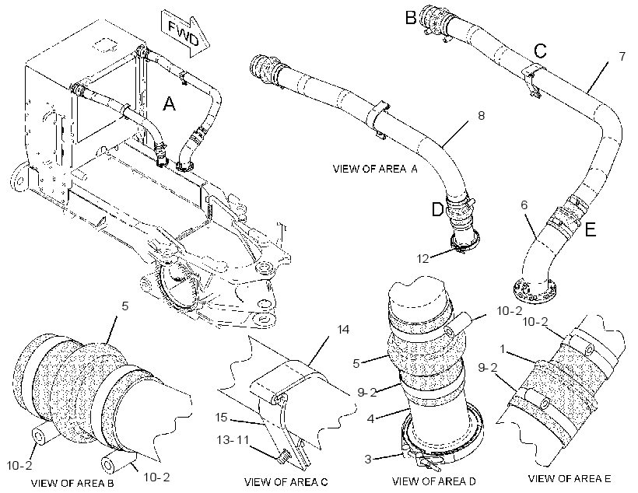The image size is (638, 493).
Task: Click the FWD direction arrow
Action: (186, 33)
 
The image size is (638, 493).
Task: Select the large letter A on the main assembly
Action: (169, 103)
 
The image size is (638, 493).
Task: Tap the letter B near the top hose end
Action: (411, 17)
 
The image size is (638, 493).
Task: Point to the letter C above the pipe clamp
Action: (540, 51)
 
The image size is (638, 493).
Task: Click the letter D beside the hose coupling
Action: (437, 210)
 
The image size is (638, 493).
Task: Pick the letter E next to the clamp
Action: (590, 230)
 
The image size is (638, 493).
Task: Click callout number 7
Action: (622, 56)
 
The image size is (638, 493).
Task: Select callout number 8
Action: (482, 116)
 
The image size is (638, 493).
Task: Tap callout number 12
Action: (423, 258)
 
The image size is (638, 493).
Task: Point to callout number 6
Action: (524, 205)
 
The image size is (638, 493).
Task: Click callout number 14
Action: (344, 329)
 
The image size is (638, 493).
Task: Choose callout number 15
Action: (221, 418)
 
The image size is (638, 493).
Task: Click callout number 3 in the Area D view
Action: (368, 460)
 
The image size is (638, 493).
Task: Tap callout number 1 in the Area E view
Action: (503, 349)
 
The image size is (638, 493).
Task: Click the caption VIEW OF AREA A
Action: (375, 169)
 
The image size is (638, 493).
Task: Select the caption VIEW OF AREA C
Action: (286, 482)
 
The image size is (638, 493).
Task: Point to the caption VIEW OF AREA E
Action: (570, 479)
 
